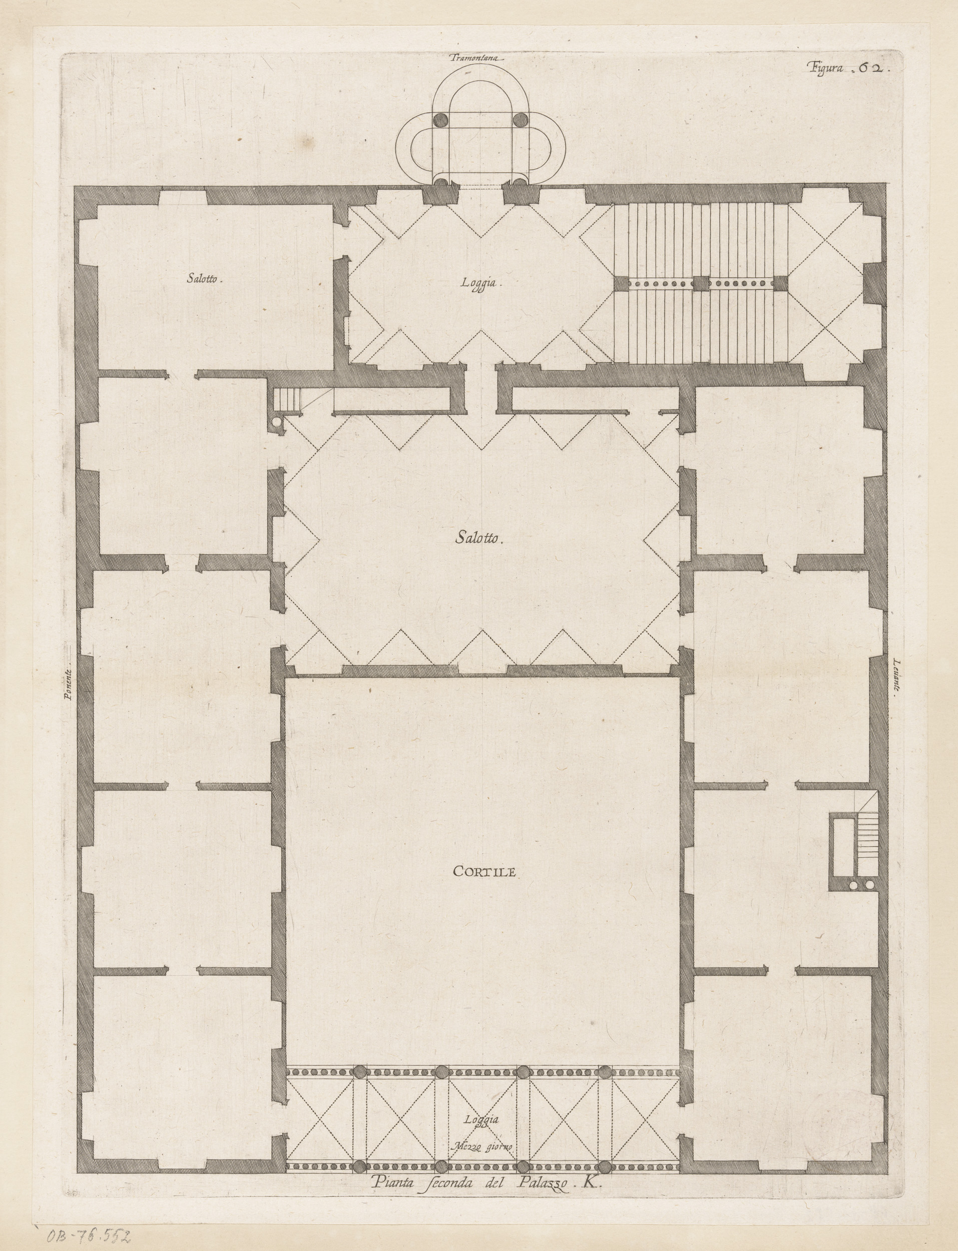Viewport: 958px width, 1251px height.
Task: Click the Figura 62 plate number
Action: click(x=844, y=68)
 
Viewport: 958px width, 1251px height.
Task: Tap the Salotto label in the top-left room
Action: click(x=204, y=279)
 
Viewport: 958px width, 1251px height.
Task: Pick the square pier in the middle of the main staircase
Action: click(x=701, y=283)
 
